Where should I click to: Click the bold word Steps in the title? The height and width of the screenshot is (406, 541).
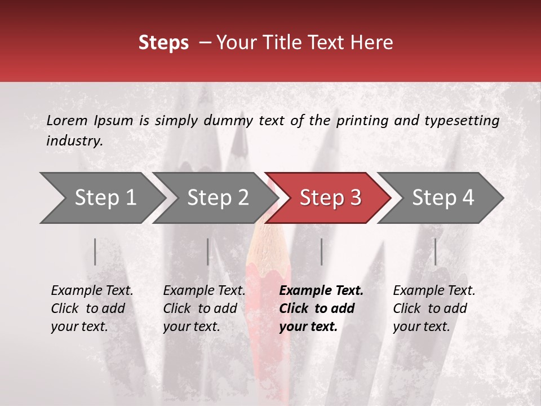163,43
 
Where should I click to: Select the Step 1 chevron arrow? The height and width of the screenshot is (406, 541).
101,197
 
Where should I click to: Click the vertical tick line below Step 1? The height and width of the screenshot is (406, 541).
95,251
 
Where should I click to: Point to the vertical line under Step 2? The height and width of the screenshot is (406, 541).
208,251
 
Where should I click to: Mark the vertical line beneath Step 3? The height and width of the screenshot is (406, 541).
321,251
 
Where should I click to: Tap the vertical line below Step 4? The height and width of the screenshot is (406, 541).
435,251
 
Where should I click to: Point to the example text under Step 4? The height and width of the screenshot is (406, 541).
434,308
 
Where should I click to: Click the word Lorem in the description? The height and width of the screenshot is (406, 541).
67,120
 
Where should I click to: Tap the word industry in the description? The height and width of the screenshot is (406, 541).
74,141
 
